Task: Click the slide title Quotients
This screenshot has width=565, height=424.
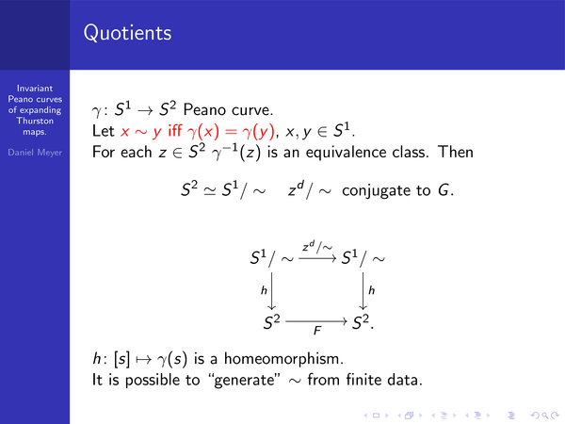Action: [x=127, y=33]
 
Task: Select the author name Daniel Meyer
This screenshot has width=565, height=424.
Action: [x=35, y=153]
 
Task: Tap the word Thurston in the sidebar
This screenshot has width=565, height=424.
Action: [x=35, y=121]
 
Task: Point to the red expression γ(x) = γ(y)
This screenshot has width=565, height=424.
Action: [x=232, y=131]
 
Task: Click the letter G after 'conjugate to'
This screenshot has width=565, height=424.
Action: [x=444, y=190]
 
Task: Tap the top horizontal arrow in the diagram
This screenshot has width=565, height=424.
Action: [x=317, y=258]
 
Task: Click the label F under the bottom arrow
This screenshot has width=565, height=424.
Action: [x=317, y=331]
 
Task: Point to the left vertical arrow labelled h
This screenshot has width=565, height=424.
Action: [x=272, y=291]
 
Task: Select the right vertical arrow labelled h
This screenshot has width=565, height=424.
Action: [x=363, y=291]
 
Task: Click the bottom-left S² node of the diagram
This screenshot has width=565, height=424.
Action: [x=272, y=322]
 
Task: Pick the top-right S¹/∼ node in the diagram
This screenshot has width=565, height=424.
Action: [x=363, y=258]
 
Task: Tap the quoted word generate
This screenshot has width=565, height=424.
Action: [x=245, y=381]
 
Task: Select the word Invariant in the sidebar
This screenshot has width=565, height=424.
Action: [x=35, y=89]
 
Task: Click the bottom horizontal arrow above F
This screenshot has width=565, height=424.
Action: [x=316, y=321]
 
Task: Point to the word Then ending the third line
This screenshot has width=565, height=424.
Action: [x=456, y=152]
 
